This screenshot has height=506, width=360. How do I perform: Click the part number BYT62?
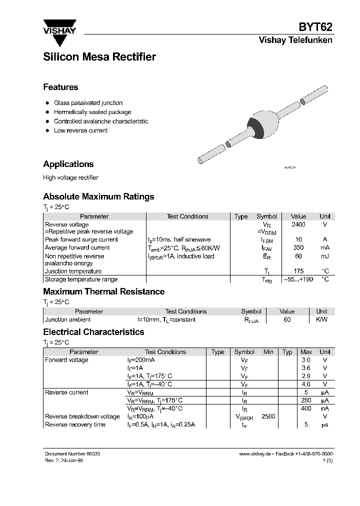315,27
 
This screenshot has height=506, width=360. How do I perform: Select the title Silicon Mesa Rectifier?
99,57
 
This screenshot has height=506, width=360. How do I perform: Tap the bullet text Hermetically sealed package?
92,112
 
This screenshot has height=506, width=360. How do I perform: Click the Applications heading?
68,164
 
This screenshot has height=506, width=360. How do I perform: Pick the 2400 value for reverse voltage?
298,224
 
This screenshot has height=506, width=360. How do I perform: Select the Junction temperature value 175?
298,271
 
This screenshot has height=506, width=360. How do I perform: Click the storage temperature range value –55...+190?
298,279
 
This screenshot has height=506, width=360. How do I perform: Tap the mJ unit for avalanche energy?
325,256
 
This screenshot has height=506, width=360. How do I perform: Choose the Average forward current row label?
77,247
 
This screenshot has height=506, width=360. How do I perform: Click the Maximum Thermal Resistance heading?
103,291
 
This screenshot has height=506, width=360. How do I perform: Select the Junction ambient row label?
68,319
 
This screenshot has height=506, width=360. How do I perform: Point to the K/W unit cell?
321,319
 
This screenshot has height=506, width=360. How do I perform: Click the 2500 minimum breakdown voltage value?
268,416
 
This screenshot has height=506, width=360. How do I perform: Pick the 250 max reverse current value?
306,400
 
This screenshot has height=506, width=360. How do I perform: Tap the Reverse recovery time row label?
75,424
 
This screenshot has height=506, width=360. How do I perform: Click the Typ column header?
287,352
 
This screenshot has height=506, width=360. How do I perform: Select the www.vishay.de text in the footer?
255,453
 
